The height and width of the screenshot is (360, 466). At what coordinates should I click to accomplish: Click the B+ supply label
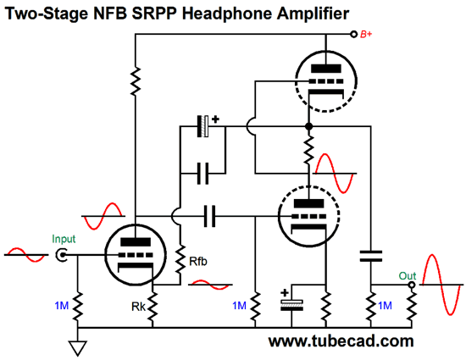(366, 34)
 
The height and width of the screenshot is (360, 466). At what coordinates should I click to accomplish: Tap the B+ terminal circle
(353, 34)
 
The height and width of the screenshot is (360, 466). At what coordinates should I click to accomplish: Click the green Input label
(64, 239)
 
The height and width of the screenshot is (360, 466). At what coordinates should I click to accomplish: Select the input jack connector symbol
(62, 255)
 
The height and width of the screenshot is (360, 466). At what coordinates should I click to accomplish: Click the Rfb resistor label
(198, 262)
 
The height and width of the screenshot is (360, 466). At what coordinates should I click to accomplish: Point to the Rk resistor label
(138, 307)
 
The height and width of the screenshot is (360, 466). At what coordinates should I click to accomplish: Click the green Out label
(408, 276)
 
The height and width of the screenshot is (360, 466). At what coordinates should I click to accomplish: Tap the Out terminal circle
(412, 285)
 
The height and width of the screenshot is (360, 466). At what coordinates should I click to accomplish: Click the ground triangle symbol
(78, 347)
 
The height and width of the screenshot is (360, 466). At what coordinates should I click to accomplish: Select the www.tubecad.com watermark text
(341, 341)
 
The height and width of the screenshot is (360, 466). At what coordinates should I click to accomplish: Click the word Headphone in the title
(226, 14)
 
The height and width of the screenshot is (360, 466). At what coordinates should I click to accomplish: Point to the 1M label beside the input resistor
(62, 305)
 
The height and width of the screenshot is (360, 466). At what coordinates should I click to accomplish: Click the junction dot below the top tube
(309, 126)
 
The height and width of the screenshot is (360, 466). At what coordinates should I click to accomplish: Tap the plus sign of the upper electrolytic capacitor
(215, 119)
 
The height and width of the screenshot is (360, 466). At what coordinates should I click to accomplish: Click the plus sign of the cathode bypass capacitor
(285, 293)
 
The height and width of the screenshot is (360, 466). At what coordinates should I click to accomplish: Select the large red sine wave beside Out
(441, 285)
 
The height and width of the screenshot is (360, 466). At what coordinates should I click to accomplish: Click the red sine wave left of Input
(26, 255)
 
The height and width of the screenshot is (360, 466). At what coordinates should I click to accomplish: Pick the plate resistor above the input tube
(136, 80)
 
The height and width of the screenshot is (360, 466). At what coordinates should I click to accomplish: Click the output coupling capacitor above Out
(371, 256)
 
